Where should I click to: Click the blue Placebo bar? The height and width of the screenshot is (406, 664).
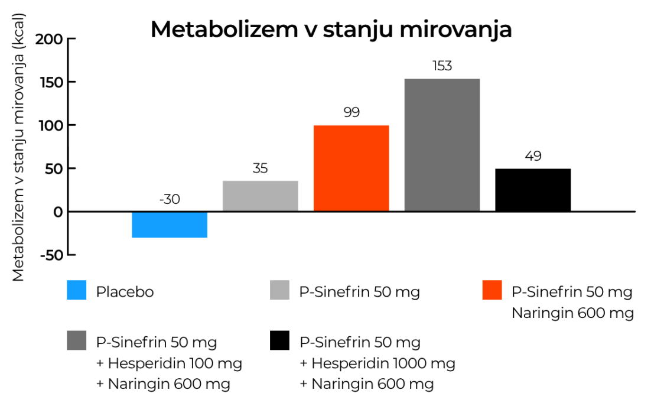click(x=169, y=225)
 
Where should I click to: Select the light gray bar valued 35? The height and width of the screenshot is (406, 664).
click(x=260, y=196)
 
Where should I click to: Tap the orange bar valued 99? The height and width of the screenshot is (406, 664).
click(x=351, y=168)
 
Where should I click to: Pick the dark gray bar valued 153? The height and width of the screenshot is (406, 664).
click(x=442, y=145)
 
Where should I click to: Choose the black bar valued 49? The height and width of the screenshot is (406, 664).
click(x=533, y=190)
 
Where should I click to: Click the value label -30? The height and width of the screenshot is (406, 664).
click(x=169, y=200)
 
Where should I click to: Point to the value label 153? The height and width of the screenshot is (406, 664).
click(x=442, y=66)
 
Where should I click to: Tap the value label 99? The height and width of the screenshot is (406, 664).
click(x=351, y=112)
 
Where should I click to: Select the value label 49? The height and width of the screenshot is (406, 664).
click(x=533, y=157)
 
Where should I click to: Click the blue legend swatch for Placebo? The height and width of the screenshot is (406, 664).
click(x=77, y=290)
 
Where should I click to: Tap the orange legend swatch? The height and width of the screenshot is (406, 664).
click(x=492, y=290)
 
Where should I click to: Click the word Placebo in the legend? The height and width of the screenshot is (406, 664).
click(x=125, y=292)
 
